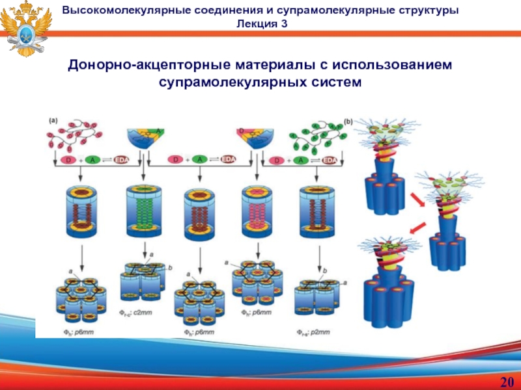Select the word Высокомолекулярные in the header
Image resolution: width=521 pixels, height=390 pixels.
tap(129, 10)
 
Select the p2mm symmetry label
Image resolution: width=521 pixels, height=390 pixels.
tap(318, 332)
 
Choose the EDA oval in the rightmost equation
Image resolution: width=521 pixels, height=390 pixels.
tap(331, 161)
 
